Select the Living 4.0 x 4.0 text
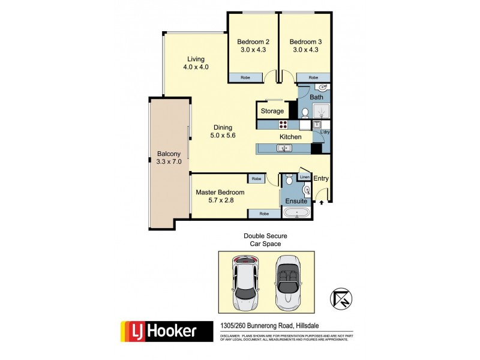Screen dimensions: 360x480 [x=196, y=63]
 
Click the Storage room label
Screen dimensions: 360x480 [x=272, y=111]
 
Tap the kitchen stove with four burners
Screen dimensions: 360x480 [x=283, y=125]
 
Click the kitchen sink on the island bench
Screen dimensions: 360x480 [x=280, y=148]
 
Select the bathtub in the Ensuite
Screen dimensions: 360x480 [x=296, y=214]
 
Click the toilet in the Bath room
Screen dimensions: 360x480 [x=305, y=112]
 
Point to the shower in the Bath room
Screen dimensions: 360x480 [x=320, y=111]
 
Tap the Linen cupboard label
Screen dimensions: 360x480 [x=304, y=177]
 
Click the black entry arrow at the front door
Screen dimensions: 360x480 [x=322, y=203]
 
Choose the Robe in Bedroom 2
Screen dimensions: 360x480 [x=245, y=77]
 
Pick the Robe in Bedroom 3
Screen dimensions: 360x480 [x=313, y=77]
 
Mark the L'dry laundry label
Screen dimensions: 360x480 [x=325, y=131]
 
